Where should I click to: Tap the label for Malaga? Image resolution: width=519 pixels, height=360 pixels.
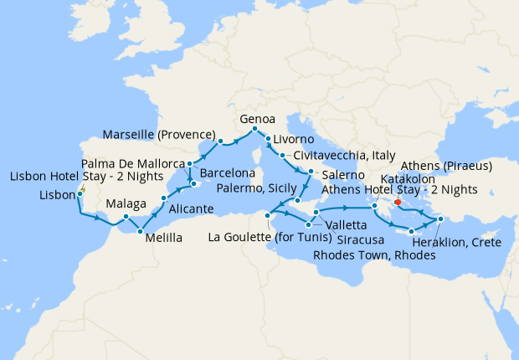127,203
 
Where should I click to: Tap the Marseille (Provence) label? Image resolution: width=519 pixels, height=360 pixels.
160,134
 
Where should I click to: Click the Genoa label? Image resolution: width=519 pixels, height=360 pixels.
258,118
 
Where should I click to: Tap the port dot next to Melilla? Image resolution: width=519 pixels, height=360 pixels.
140,230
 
